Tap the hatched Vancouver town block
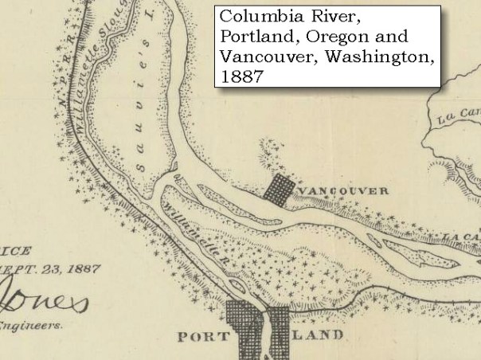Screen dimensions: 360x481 280,190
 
